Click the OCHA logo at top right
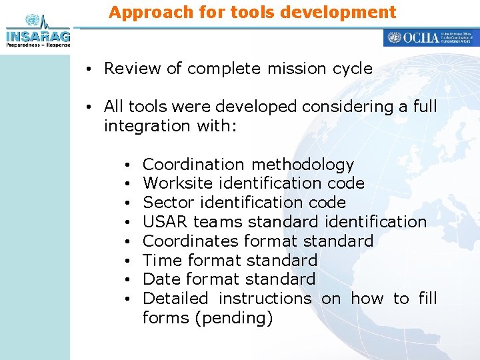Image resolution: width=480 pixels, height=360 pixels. (x=431, y=38)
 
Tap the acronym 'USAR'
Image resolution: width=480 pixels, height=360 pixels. (x=165, y=221)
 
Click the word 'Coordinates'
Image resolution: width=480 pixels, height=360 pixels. (x=191, y=241)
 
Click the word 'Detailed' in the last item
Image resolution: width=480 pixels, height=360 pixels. (x=175, y=298)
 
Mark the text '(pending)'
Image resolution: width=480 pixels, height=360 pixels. (x=233, y=318)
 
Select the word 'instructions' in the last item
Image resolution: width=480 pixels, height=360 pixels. (x=265, y=298)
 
